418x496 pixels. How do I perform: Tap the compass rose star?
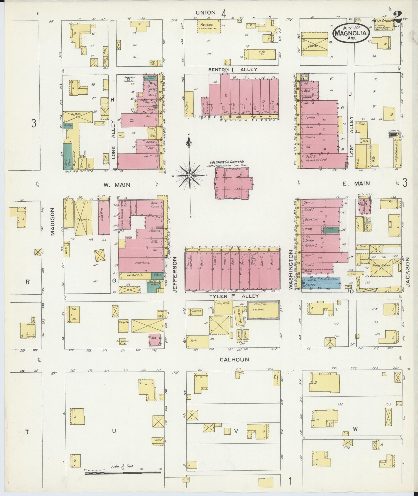(189, 176)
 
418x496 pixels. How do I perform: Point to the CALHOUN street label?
(234, 359)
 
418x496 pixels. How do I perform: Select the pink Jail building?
(156, 339)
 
